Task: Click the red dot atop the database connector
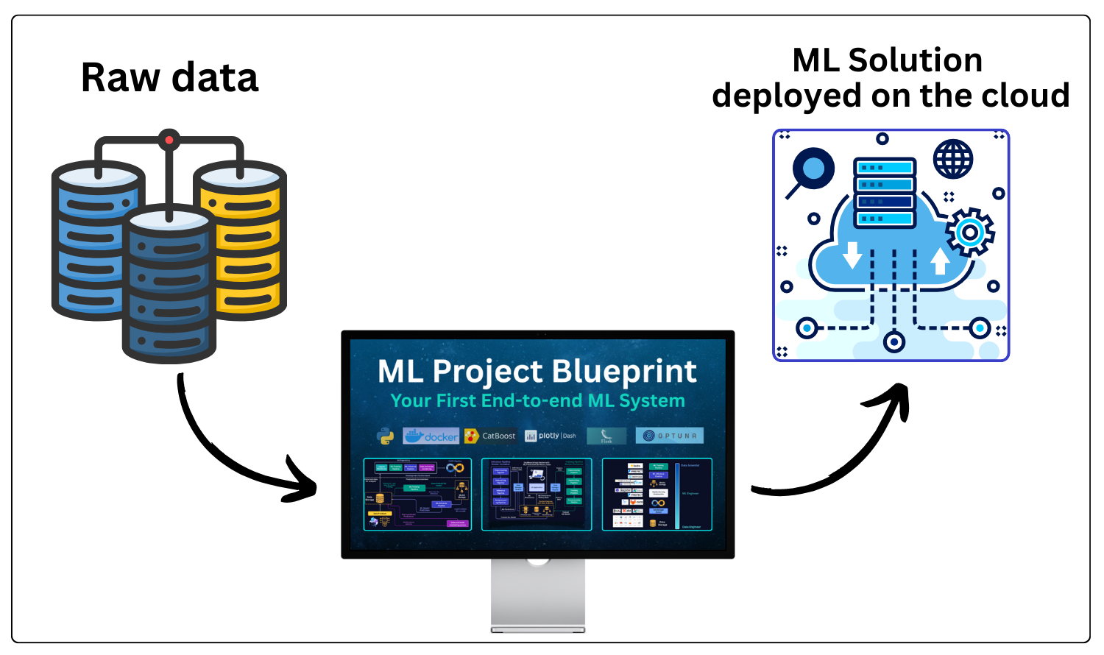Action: coord(169,139)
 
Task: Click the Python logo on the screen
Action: coord(385,436)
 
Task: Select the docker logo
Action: coord(431,436)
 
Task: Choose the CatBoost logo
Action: coord(490,436)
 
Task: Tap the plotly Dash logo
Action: coord(551,436)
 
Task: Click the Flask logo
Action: coord(606,436)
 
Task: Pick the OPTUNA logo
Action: coord(669,436)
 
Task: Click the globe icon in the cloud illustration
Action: coord(953,159)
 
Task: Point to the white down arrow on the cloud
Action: coord(852,255)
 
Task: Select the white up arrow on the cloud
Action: coord(940,261)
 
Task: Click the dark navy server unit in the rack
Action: coord(885,201)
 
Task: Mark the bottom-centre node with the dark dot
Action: coord(894,341)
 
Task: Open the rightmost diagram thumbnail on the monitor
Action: coord(657,494)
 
